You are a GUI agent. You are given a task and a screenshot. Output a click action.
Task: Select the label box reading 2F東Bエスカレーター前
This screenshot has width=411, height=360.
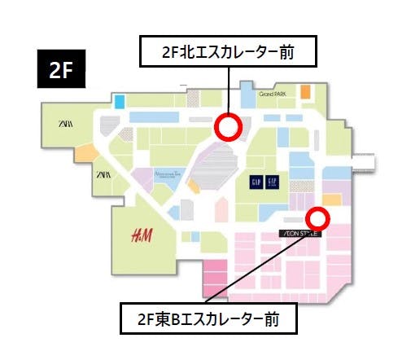point(208,318)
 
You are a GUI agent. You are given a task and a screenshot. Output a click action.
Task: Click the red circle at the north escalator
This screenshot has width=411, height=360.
point(228,126)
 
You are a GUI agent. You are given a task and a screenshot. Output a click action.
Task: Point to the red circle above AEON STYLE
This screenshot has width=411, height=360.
point(317,218)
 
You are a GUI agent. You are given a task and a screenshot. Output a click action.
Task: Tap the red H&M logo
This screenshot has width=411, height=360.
point(142,236)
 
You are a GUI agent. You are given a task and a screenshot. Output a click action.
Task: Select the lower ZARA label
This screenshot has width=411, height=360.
point(104,174)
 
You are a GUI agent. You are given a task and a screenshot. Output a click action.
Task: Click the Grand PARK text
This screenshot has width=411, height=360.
point(274,94)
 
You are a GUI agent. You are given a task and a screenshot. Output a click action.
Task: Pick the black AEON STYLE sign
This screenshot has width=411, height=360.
point(301,233)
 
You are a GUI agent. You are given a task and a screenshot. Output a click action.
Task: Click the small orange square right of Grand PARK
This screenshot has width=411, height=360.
point(305,92)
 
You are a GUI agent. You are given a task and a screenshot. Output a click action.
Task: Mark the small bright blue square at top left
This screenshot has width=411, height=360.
point(120,101)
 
